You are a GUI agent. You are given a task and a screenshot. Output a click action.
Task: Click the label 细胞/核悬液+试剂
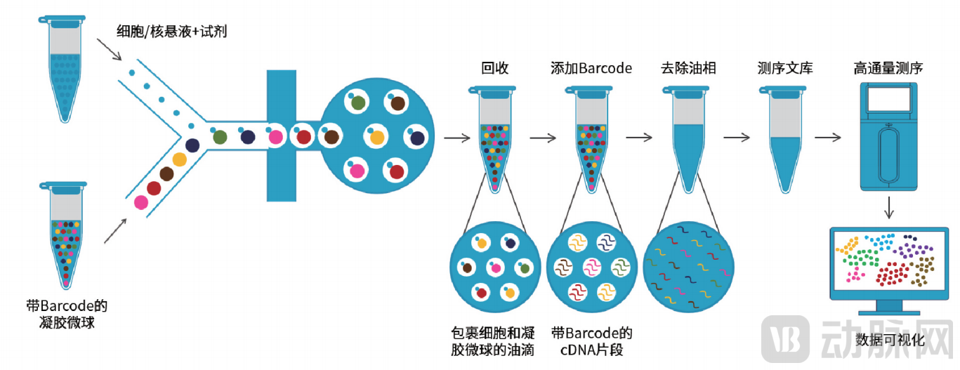pyautogui.click(x=171, y=31)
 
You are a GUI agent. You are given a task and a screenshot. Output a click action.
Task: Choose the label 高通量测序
pyautogui.click(x=888, y=68)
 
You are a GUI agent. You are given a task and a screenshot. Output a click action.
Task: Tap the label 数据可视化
pyautogui.click(x=890, y=341)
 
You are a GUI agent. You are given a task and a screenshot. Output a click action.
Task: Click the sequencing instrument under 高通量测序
pyautogui.click(x=888, y=136)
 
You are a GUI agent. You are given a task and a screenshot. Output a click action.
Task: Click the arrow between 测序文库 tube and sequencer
pyautogui.click(x=827, y=138)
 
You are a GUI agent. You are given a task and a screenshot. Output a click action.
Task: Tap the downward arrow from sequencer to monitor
pyautogui.click(x=889, y=208)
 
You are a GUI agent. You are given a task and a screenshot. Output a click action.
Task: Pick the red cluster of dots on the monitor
pyautogui.click(x=892, y=275)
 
